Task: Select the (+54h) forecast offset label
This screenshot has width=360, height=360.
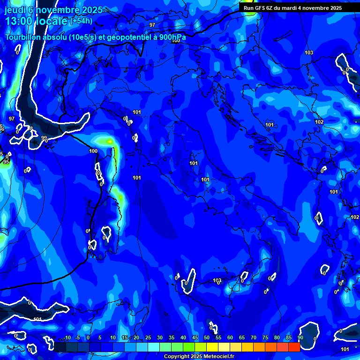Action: click(81, 21)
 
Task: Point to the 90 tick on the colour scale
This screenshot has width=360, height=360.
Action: click(300, 338)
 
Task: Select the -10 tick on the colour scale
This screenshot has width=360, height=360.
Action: click(67, 338)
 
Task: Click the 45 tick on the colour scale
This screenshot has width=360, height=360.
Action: click(195, 338)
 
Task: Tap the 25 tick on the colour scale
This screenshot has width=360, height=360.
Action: click(148, 338)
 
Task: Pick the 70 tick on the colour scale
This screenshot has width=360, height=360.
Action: click(253, 338)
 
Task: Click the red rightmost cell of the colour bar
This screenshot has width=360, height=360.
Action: click(294, 347)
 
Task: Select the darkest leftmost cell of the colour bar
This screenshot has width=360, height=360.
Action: click(60, 347)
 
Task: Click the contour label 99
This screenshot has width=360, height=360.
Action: click(44, 138)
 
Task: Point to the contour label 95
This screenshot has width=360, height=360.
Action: click(6, 162)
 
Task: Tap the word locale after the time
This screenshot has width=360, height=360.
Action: click(53, 22)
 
